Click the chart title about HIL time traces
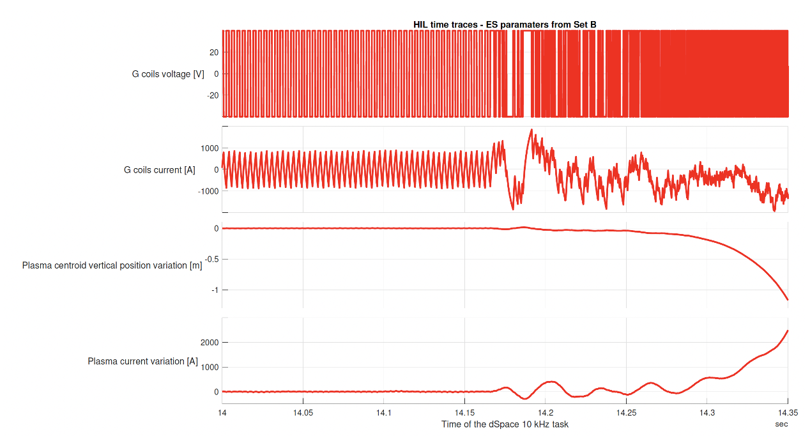click(x=505, y=25)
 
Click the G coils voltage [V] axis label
click(x=168, y=74)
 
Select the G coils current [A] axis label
click(x=160, y=170)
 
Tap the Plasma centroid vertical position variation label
click(x=112, y=265)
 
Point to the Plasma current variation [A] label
click(x=142, y=361)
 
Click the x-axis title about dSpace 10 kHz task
click(x=505, y=424)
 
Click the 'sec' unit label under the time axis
click(x=781, y=424)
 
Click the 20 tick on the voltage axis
click(x=214, y=52)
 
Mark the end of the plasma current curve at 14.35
click(x=788, y=331)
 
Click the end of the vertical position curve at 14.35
click(x=788, y=299)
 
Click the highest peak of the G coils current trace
click(x=531, y=130)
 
